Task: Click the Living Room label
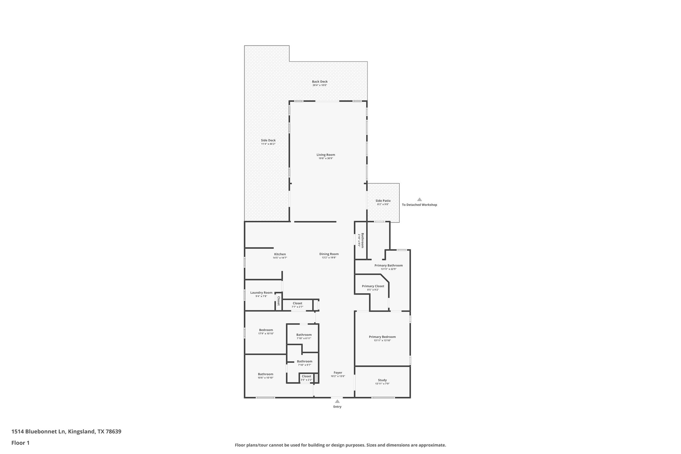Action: pos(326,155)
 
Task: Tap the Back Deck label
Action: pos(320,81)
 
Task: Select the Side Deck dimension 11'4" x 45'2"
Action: pos(268,144)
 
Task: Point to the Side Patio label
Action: pos(383,201)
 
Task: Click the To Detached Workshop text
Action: pos(419,205)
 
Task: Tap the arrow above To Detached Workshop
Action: pos(419,200)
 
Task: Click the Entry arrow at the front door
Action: pos(337,401)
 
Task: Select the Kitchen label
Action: pos(280,254)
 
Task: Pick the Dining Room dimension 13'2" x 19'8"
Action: pos(329,258)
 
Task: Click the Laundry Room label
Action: pos(261,293)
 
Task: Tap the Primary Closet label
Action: pos(373,286)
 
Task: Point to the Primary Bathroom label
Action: pos(388,265)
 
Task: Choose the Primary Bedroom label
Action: pos(382,337)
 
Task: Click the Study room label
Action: pos(382,380)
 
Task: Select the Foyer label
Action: pos(338,373)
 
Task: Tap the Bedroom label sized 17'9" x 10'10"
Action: pos(266,330)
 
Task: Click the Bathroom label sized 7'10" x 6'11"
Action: pos(304,335)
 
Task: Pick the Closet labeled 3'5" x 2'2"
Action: pos(306,376)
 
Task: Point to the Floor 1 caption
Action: pos(20,443)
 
